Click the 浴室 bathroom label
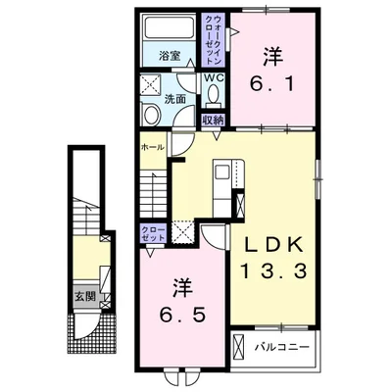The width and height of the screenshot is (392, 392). point(170,56)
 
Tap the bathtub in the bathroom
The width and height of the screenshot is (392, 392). point(170,27)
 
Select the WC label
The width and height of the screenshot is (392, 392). point(214,78)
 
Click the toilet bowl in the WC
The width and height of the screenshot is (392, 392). point(214,93)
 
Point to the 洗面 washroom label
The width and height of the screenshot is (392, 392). point(174,99)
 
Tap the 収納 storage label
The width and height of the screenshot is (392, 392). point(213,121)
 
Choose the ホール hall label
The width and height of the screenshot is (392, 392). point(152,147)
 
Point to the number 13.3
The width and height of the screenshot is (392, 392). point(273,271)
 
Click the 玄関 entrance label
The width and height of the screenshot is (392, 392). point(85,296)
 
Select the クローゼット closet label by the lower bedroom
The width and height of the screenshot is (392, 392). point(153,233)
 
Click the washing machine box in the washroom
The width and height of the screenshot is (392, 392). point(151,86)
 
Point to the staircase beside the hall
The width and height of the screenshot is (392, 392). point(154,196)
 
